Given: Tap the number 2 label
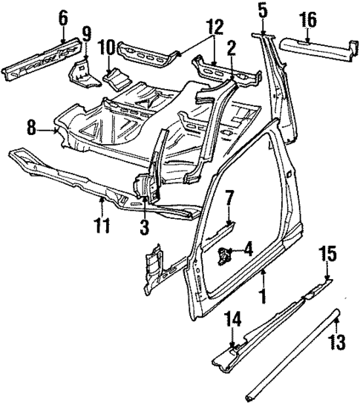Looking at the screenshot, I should point(232,49).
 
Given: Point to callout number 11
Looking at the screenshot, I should point(102,221).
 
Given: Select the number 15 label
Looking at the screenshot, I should point(329,256).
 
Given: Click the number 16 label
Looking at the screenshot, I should point(307,18).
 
